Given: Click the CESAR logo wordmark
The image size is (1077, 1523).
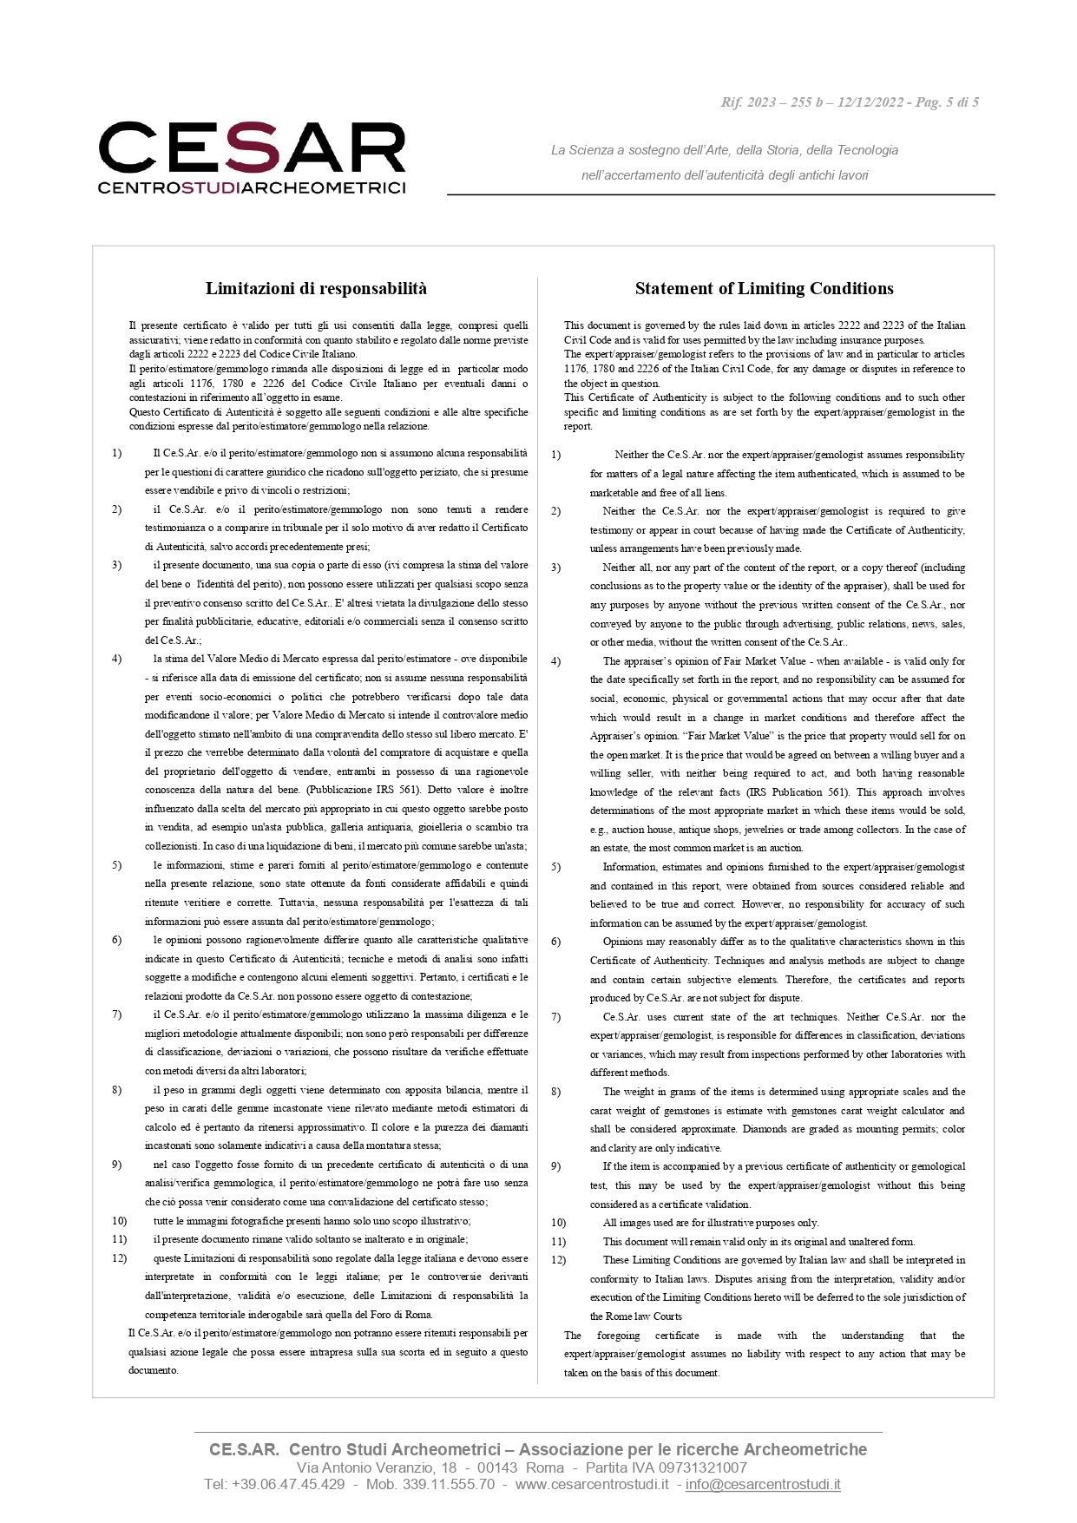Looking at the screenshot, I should pyautogui.click(x=252, y=148).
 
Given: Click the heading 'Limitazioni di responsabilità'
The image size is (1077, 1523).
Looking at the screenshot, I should pyautogui.click(x=316, y=288).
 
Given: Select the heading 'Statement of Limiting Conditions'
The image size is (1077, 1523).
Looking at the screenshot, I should pyautogui.click(x=764, y=288).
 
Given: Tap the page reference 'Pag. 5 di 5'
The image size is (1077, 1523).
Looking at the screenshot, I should pyautogui.click(x=948, y=102).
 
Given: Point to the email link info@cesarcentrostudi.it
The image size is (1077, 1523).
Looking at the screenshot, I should pyautogui.click(x=763, y=1484).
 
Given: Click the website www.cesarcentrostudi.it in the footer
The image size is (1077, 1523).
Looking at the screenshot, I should pyautogui.click(x=592, y=1484).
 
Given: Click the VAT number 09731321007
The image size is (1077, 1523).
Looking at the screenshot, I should pyautogui.click(x=703, y=1467).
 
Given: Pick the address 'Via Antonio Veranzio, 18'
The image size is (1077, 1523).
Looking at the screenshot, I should pyautogui.click(x=377, y=1467).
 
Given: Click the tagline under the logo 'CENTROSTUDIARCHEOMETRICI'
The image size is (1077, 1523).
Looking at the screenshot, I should pyautogui.click(x=252, y=187).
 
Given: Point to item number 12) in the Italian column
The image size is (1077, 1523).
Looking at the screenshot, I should pyautogui.click(x=119, y=1257).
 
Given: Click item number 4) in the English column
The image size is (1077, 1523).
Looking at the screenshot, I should pyautogui.click(x=555, y=661).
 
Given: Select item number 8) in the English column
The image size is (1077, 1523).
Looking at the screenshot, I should pyautogui.click(x=555, y=1092).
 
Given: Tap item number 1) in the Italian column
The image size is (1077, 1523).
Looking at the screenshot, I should pyautogui.click(x=116, y=453).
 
